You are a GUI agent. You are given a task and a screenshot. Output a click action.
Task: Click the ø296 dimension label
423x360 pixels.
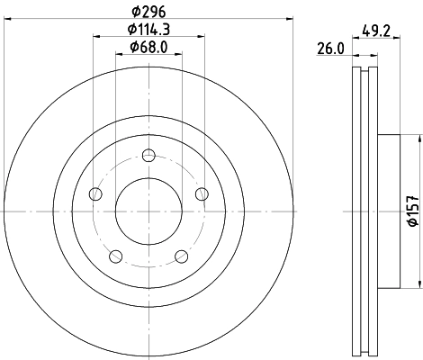coord(148,10)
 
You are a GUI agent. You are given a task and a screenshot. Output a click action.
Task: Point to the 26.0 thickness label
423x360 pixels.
coord(329,50)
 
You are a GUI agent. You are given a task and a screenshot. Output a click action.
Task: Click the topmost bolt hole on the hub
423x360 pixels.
coord(148,154)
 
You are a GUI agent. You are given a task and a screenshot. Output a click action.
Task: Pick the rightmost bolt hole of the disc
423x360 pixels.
coord(202,193)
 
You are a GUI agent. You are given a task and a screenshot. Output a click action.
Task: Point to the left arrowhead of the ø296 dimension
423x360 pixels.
coord(7,17)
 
